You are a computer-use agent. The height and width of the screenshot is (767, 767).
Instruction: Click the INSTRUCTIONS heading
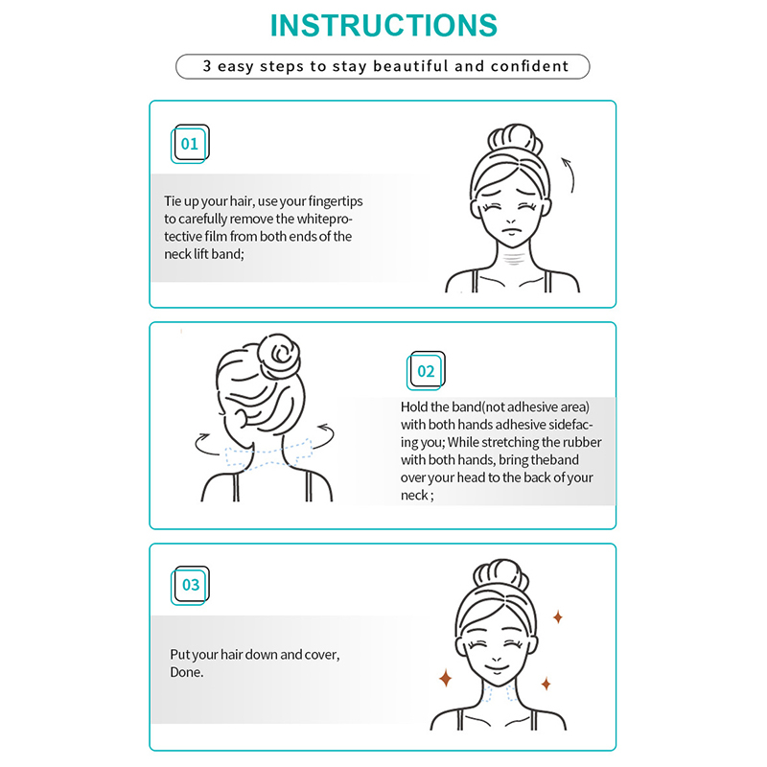click(x=383, y=26)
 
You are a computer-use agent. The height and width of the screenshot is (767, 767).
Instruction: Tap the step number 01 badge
click(x=190, y=144)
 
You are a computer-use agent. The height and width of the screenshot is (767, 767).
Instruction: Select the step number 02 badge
click(x=426, y=371)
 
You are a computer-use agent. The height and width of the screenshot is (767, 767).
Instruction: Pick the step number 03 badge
click(x=190, y=585)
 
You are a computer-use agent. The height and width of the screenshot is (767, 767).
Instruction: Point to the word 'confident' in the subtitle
click(x=530, y=66)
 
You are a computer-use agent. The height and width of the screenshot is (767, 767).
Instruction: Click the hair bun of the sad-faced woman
click(x=515, y=138)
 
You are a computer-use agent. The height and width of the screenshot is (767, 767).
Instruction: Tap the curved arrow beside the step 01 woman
click(x=569, y=174)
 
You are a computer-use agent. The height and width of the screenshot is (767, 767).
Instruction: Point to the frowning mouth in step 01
click(x=510, y=230)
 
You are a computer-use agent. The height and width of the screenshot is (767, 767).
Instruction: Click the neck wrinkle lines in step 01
click(x=514, y=257)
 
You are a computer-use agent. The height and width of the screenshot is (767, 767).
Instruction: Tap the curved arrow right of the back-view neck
click(x=325, y=435)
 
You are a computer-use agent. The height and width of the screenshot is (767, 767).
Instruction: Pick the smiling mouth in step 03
click(x=497, y=667)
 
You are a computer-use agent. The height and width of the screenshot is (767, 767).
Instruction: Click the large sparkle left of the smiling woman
click(x=446, y=679)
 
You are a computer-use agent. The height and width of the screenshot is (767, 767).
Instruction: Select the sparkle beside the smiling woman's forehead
click(x=558, y=617)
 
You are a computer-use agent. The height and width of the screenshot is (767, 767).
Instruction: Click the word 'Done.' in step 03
click(x=186, y=672)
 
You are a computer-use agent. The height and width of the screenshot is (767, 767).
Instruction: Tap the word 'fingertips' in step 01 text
click(x=336, y=201)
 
